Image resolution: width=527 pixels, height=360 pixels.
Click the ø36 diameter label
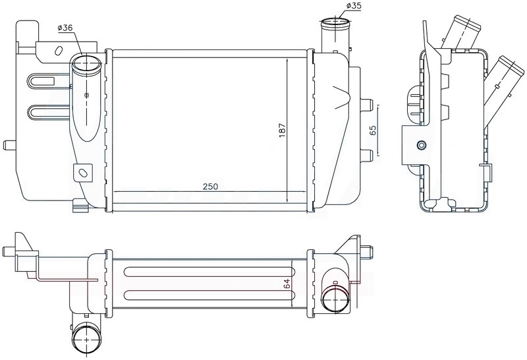(x=65, y=28)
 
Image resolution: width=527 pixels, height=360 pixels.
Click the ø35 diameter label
(x=353, y=6)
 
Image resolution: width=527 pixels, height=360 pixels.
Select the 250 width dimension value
(x=211, y=186)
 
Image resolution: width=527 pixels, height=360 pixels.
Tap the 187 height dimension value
(x=282, y=130)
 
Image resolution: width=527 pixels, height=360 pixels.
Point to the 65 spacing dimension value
(x=372, y=130)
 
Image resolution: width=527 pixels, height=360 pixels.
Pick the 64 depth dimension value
(x=287, y=284)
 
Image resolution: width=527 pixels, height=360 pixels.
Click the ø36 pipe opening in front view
(x=87, y=63)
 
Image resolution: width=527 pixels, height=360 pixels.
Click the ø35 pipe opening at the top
(x=335, y=24)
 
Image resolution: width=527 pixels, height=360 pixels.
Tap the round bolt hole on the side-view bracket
(x=421, y=145)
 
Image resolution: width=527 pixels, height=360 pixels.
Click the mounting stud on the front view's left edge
(x=9, y=145)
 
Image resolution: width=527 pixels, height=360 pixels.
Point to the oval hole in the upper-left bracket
(x=58, y=51)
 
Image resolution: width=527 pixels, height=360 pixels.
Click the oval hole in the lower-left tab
(x=82, y=173)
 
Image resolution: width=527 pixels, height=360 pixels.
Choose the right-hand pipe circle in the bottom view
(x=335, y=298)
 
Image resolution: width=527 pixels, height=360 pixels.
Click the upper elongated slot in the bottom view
(x=210, y=272)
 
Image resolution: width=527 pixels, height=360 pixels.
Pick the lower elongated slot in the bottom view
(x=210, y=295)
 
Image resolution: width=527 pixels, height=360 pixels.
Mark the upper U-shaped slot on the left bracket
(x=43, y=80)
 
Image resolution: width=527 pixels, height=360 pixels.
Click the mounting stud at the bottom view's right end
(x=368, y=251)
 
